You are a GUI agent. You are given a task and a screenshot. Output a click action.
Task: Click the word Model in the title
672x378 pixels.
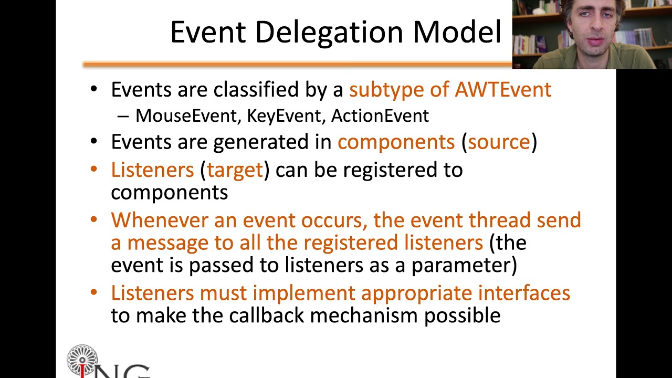[x=457, y=33]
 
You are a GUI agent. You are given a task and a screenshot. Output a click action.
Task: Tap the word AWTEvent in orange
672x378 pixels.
[x=503, y=90]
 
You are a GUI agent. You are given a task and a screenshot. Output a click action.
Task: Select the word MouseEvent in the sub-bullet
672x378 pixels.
[x=186, y=116]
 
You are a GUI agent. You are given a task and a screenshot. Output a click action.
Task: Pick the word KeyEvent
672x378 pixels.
[x=283, y=116]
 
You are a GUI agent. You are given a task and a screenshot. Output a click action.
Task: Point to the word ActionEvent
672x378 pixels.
[x=380, y=116]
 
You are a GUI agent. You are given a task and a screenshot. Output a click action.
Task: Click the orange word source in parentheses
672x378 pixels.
[x=499, y=142]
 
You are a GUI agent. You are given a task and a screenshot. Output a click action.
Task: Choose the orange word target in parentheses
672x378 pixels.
[x=234, y=170]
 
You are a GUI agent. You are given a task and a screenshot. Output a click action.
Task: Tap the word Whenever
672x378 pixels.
[x=159, y=220]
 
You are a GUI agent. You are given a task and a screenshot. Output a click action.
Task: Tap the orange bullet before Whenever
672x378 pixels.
[x=94, y=219]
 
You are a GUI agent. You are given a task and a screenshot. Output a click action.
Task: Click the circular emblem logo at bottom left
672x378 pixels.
[x=82, y=360]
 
